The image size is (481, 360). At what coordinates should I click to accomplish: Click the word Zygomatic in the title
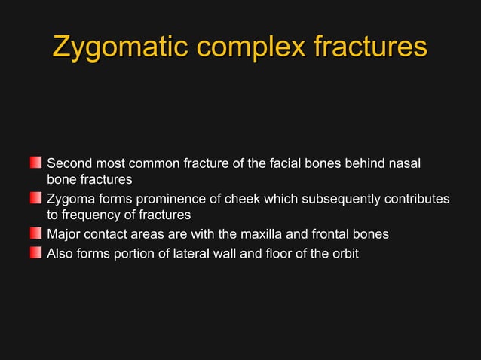118,47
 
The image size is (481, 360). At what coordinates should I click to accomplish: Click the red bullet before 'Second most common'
36,162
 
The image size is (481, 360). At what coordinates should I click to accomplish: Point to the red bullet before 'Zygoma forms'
36,198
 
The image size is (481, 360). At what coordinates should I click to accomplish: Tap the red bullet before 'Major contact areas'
36,234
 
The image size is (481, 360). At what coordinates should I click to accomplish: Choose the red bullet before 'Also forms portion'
36,252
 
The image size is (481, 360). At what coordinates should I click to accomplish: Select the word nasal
404,163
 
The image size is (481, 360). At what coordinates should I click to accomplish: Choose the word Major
64,234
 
